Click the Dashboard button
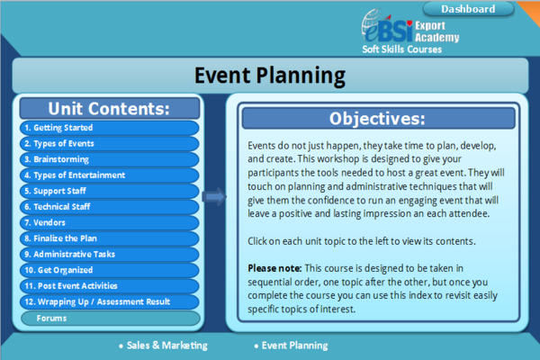point(468,9)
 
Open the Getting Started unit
point(110,128)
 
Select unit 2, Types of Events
point(110,144)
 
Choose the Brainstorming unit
point(110,159)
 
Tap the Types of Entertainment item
point(110,175)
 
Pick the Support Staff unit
point(110,191)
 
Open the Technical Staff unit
point(110,207)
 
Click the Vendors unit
point(110,223)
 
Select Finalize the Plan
point(110,238)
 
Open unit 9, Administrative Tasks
point(110,255)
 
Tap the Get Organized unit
point(110,270)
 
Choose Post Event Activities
point(110,286)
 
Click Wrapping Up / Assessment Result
point(110,302)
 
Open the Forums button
point(110,319)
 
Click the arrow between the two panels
point(214,197)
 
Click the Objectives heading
point(377,119)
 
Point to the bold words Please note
point(274,268)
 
